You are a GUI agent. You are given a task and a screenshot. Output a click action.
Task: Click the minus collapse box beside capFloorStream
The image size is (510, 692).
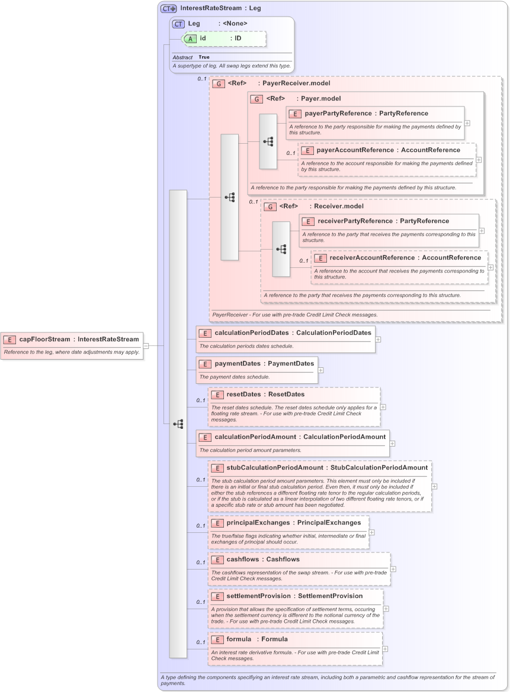[x=146, y=346]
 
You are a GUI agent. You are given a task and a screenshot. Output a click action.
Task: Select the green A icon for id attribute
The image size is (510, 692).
[x=190, y=38]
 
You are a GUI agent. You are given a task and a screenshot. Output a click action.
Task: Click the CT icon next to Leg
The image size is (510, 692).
[x=178, y=24]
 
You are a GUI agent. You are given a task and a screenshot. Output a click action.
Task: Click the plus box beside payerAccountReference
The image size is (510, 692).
[x=479, y=160]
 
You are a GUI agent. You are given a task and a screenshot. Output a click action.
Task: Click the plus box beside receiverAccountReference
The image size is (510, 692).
[x=490, y=267]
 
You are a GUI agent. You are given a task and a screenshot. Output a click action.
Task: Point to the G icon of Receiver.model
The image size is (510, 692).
[x=270, y=206]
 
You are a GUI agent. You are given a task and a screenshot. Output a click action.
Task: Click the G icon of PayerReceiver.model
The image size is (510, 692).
[x=219, y=84]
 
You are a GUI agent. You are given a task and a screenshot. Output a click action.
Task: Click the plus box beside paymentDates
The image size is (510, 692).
[x=320, y=370]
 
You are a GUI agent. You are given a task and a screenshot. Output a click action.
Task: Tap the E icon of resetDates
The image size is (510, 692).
[x=217, y=394]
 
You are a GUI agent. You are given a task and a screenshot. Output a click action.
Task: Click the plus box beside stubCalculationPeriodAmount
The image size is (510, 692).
[x=434, y=486]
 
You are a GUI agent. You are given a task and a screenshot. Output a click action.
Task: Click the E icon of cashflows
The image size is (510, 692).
[x=217, y=560]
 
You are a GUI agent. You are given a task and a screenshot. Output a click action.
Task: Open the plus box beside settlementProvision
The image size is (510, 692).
[x=386, y=608]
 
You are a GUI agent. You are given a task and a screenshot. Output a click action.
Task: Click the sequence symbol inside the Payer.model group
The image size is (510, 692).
[x=268, y=142]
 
